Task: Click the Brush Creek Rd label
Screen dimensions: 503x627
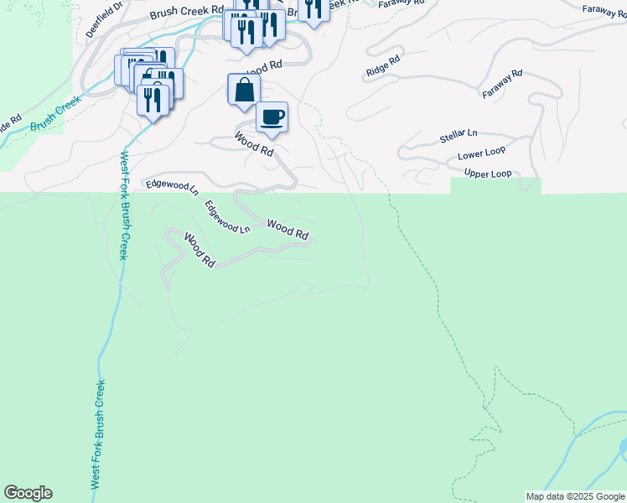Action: point(187,13)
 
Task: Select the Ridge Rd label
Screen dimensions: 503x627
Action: point(384,66)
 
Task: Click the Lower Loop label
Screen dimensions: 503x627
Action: point(481,156)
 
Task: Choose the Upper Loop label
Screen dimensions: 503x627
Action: point(488,174)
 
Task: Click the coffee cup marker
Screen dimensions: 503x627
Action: point(272,117)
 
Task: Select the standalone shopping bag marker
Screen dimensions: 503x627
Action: point(243,90)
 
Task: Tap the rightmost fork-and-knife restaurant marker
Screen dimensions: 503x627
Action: point(313,8)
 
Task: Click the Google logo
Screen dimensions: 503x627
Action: point(28,493)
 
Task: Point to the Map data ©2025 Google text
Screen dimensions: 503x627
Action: point(575,496)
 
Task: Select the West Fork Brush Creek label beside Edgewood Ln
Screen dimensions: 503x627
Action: point(123,205)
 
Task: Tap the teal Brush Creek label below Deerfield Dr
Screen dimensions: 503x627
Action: point(55,114)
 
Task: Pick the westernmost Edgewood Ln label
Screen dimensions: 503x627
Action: point(171,185)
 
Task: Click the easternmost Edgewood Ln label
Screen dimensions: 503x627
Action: point(227,216)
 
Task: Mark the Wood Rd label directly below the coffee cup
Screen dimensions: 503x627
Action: point(254,145)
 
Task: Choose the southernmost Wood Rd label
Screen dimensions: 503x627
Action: point(199,251)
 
